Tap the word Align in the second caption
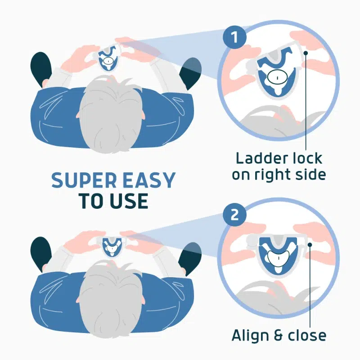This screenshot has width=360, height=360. pos(250,335)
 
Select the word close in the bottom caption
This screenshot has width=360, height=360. pos(306,335)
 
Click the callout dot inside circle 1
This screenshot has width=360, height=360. pos(306,53)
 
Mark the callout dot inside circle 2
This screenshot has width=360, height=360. pos(310,245)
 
